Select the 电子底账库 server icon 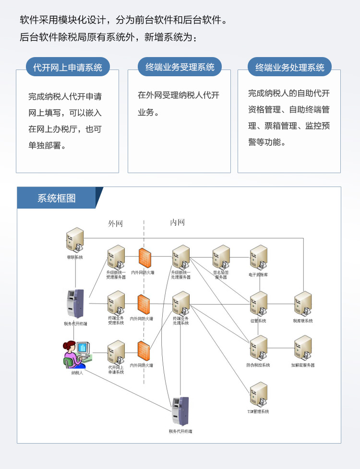(259, 258)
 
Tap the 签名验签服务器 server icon (221, 257)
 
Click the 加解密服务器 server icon (303, 348)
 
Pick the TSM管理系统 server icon (259, 395)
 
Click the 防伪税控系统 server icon (259, 348)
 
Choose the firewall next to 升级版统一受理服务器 (144, 258)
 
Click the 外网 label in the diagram (115, 223)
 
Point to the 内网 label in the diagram (177, 223)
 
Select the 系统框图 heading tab (57, 198)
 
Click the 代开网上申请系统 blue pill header (68, 68)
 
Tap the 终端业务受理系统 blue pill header (180, 67)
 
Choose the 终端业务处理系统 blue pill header (290, 68)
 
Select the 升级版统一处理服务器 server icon (181, 257)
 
